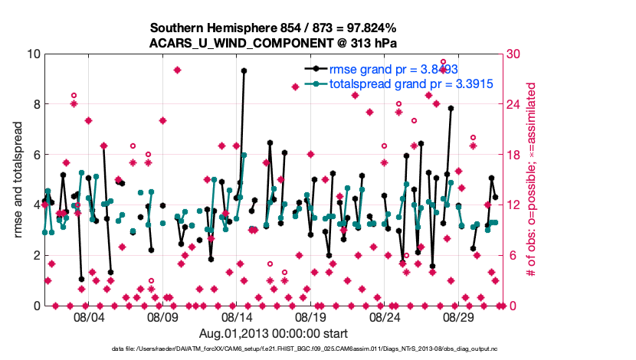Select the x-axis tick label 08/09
[x=162, y=317]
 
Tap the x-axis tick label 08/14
[x=237, y=317]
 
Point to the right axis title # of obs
[x=530, y=180]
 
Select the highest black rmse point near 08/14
[x=244, y=70]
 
